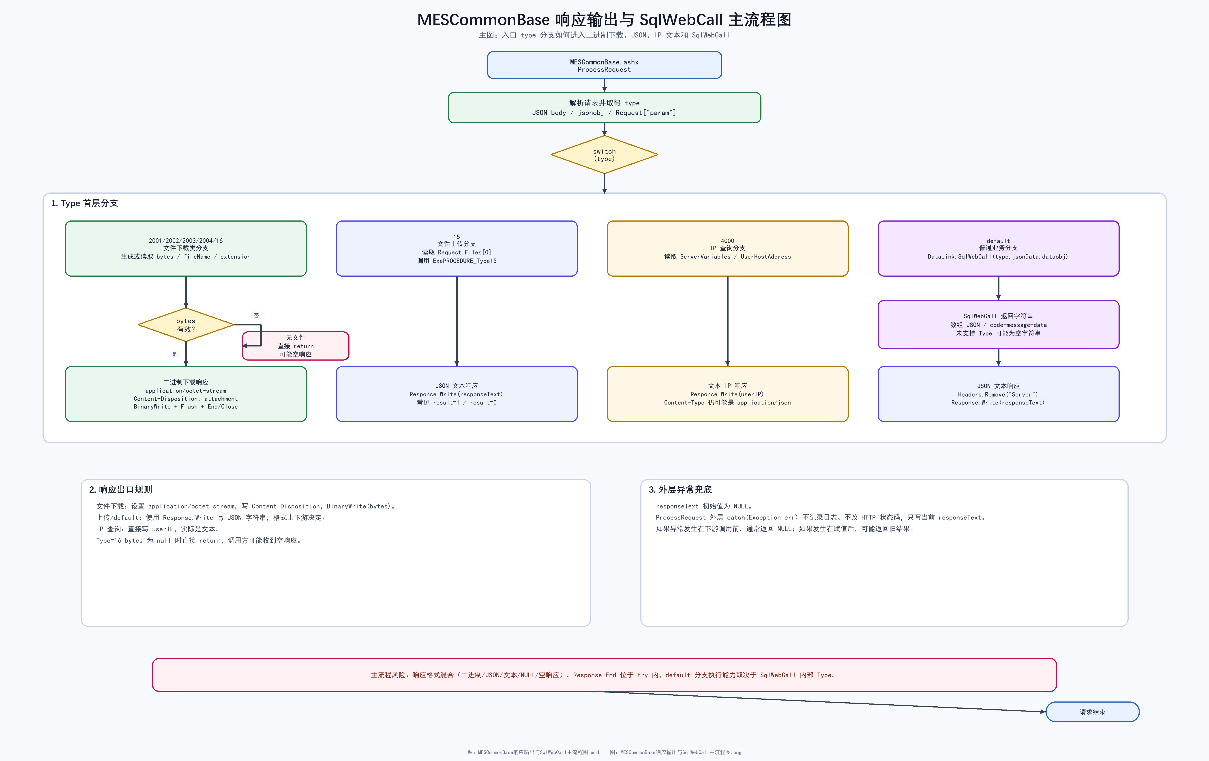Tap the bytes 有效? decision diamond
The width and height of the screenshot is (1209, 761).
186,325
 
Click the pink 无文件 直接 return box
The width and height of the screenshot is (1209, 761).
296,346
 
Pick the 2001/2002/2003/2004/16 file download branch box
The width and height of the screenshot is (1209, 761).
186,248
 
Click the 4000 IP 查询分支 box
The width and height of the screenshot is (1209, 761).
727,248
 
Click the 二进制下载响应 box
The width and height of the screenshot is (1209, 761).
186,394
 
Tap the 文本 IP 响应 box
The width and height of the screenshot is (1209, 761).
727,394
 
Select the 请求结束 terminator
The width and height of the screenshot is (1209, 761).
1093,712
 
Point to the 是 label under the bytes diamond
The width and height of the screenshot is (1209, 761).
175,354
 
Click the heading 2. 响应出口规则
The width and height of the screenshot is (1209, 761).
120,490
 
